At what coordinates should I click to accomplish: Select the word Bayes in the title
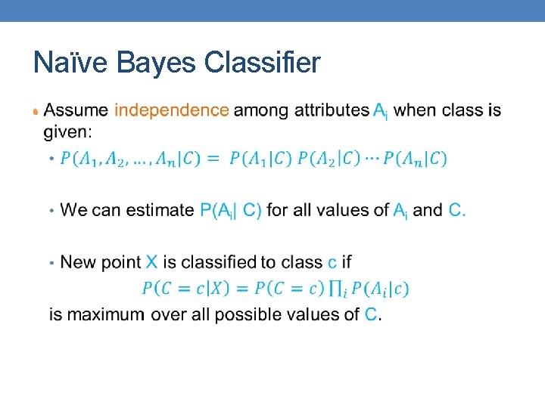(155, 63)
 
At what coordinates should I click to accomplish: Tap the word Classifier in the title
(262, 63)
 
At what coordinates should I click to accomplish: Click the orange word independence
(171, 110)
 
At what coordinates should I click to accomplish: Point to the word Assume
(76, 110)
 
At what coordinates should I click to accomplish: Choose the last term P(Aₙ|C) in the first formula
(415, 159)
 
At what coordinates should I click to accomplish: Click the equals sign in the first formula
(213, 159)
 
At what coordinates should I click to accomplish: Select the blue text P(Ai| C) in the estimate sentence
(231, 210)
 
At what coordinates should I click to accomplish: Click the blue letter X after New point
(151, 262)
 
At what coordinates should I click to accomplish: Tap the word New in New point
(77, 262)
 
